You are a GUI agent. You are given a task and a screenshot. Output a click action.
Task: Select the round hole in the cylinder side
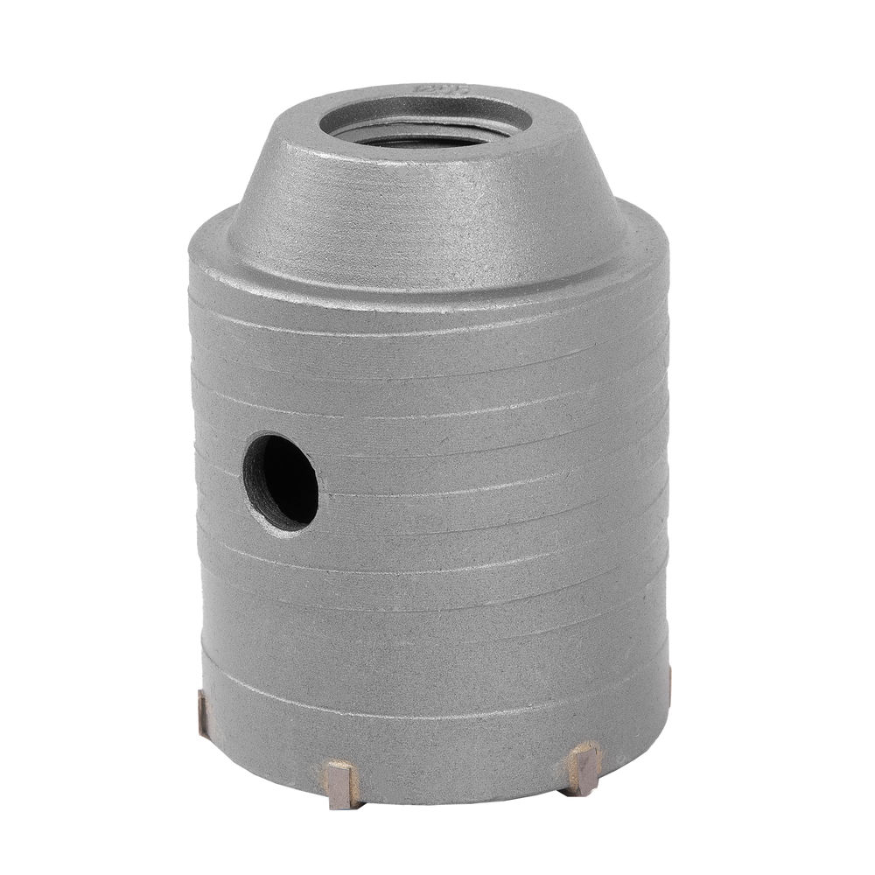280,481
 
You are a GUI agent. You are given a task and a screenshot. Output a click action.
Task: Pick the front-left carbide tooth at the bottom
342,784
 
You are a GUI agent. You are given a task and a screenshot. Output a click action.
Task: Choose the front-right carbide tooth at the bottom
582,767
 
